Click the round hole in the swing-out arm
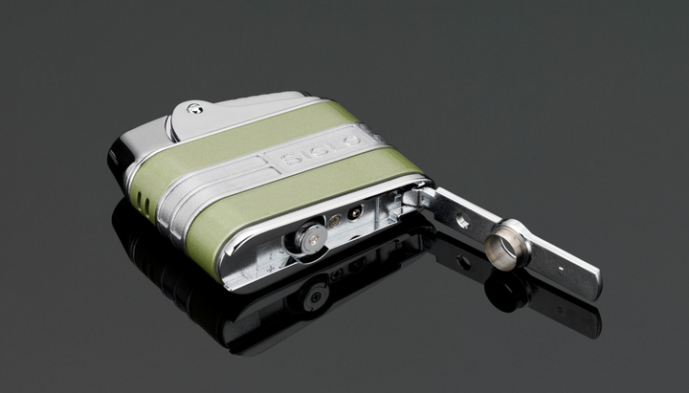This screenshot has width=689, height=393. tap(463, 222)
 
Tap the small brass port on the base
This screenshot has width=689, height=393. tap(335, 221)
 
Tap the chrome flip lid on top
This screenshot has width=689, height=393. tap(230, 110)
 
